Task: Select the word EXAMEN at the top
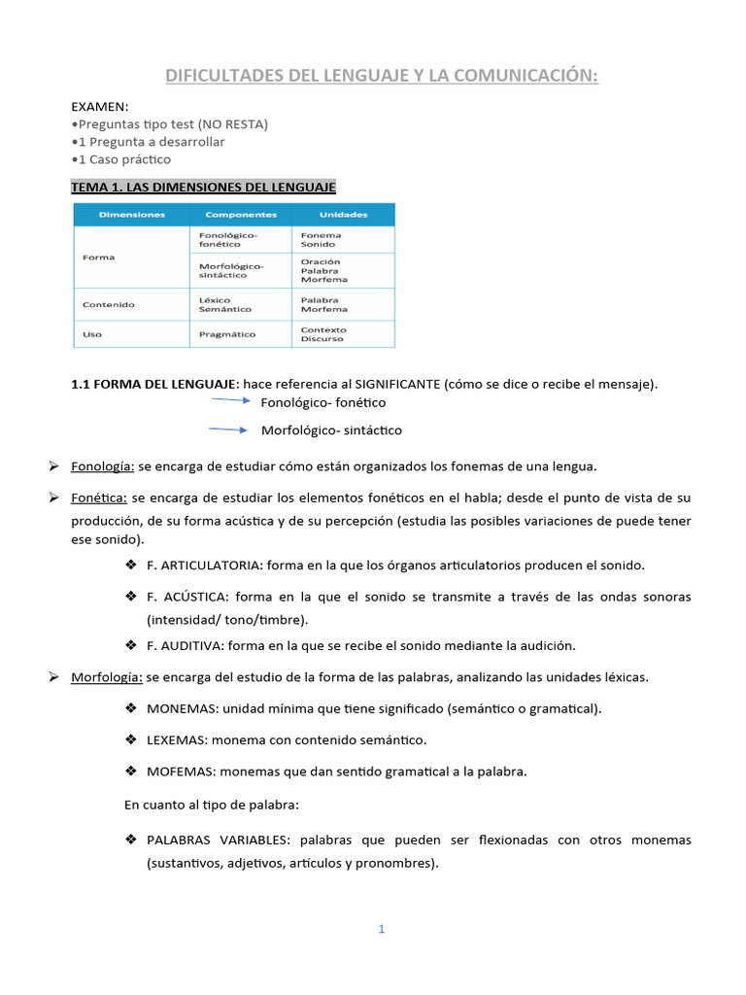coord(100,106)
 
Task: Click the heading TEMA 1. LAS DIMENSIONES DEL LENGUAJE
coord(203,186)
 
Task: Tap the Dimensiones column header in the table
coord(131,214)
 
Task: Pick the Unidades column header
coord(342,214)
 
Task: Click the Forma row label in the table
coord(99,257)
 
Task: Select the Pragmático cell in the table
coord(226,334)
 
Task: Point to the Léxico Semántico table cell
coord(224,304)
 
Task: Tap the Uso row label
coord(93,334)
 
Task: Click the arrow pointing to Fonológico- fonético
coord(231,399)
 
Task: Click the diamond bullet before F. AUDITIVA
coord(131,644)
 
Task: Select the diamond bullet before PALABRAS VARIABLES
coord(131,839)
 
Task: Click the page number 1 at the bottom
coord(382,929)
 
